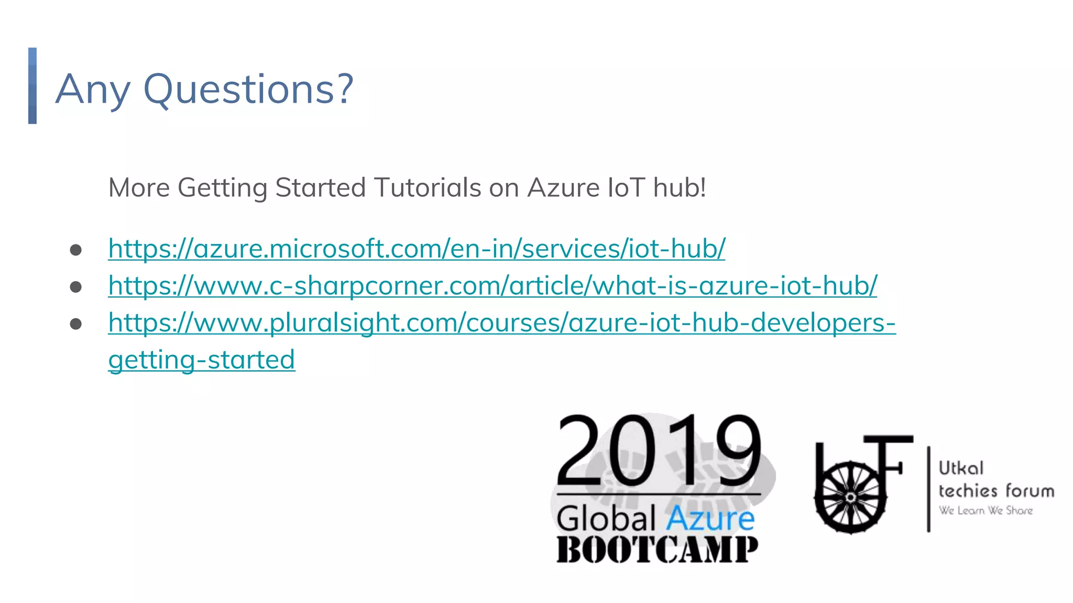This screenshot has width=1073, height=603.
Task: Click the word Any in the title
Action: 92,89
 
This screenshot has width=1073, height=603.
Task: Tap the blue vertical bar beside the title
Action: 32,86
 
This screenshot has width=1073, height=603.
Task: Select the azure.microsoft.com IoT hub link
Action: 417,248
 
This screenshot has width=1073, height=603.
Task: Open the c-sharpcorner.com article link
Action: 492,285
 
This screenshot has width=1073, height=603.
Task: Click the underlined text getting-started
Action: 202,360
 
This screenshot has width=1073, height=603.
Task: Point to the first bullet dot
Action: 76,250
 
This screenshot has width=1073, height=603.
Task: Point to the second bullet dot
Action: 76,287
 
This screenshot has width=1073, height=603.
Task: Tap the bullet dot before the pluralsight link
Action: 76,324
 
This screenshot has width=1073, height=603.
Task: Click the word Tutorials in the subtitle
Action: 427,187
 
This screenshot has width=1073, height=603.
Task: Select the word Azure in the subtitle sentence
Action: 563,187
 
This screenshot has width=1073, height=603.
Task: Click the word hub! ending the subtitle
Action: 680,187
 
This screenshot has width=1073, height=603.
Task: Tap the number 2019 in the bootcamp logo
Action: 659,450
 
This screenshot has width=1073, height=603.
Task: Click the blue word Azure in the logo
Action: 710,519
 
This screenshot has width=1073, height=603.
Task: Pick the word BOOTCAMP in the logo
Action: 657,550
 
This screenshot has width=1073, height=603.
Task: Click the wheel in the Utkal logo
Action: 850,497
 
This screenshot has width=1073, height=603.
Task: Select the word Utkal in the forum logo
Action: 961,468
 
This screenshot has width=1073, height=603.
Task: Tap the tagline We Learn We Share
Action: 986,510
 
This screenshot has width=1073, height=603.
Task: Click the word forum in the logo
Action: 1030,491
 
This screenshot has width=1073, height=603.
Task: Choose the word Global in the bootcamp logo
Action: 606,519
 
